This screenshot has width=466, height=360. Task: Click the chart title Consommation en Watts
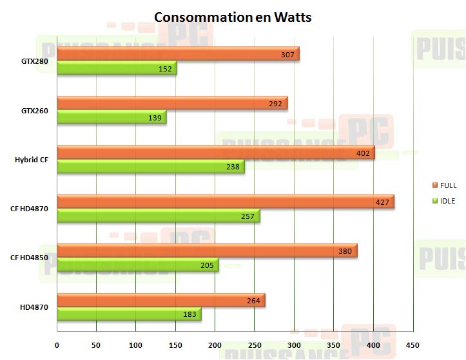(233, 17)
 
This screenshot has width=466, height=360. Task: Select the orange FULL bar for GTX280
(178, 55)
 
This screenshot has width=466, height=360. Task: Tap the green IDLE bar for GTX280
(117, 69)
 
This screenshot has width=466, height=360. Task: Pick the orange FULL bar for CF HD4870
(226, 202)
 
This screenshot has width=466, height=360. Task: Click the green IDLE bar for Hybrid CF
(151, 167)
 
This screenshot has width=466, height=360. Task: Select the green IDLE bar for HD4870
(129, 314)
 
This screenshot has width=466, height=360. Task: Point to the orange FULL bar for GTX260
(172, 103)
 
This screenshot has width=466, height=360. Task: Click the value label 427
(383, 202)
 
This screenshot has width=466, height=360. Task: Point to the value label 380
(345, 251)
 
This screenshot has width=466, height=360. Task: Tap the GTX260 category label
(34, 111)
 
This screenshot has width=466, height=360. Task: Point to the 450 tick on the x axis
(412, 345)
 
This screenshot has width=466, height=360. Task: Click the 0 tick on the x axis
(57, 345)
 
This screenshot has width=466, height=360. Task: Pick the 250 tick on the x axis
(255, 345)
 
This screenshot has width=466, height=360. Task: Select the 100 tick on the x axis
(136, 345)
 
